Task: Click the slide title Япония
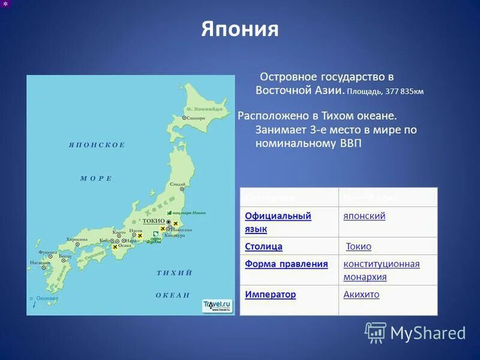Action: (x=240, y=29)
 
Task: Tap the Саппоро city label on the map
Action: (x=196, y=118)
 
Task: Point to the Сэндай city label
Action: (x=177, y=184)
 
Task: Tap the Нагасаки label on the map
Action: (x=40, y=262)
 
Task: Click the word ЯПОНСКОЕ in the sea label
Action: (x=97, y=145)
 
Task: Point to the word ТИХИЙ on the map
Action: (x=174, y=273)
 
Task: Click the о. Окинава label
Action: (x=44, y=298)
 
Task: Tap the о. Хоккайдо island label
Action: (x=205, y=109)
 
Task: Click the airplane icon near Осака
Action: (x=115, y=247)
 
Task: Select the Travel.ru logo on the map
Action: (x=217, y=305)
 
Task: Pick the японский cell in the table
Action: (x=364, y=216)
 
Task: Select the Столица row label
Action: (x=263, y=247)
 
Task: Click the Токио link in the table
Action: (x=359, y=247)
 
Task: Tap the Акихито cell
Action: (x=361, y=295)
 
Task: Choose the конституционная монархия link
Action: (x=381, y=270)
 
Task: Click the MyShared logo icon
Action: (x=376, y=332)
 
